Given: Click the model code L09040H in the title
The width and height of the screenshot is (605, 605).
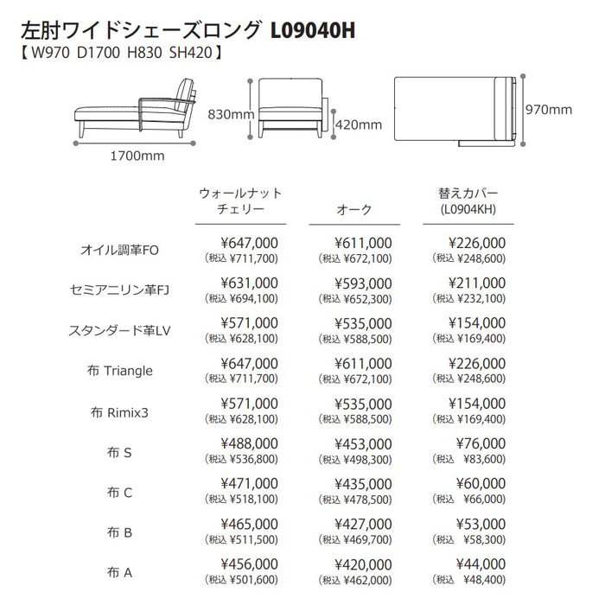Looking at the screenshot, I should click(313, 31).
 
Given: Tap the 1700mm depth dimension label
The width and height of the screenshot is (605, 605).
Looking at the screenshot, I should click(137, 157).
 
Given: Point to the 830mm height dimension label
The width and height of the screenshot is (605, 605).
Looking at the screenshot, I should click(231, 113).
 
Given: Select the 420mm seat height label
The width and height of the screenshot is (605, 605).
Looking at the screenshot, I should click(358, 124).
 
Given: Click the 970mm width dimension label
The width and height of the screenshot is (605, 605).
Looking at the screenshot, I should click(549, 109).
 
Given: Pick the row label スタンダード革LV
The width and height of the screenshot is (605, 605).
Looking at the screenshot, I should click(121, 329).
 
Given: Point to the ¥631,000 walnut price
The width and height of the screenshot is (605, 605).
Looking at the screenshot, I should click(250, 282).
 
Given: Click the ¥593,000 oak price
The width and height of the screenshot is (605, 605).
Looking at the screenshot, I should click(363, 282).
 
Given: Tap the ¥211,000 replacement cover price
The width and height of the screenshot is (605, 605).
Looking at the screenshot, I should click(477, 282).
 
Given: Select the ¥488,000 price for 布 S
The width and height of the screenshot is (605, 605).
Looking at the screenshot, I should click(250, 443).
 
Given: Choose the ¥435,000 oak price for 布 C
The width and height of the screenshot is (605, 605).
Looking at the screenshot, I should click(363, 484).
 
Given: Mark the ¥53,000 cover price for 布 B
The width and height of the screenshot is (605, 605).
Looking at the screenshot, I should click(481, 524).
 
